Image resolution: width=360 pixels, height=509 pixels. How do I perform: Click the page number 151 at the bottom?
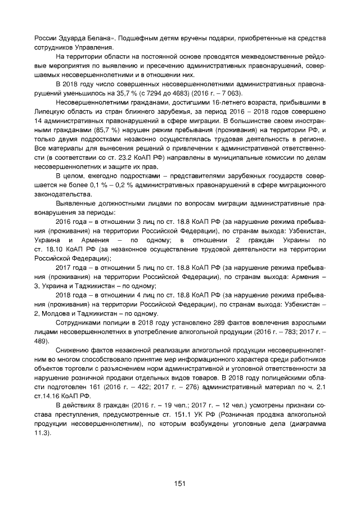point(179,483)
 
